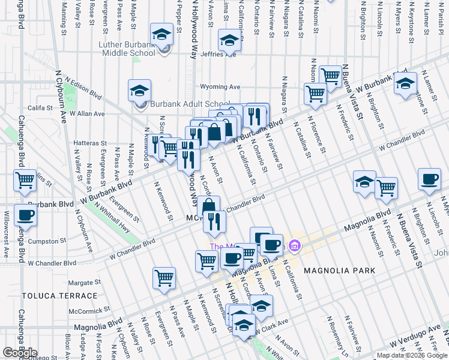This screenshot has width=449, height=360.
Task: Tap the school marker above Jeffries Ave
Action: [x=228, y=41]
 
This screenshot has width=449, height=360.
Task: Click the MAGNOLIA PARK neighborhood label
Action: [x=339, y=271]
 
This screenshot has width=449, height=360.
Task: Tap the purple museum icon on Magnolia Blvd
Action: [x=294, y=245]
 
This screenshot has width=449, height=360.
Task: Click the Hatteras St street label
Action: [x=89, y=144]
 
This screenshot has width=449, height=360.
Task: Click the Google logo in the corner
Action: [x=20, y=353]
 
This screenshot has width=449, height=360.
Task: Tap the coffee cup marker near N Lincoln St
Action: [x=429, y=179]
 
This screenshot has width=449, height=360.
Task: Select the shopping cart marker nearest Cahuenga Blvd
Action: [x=25, y=180]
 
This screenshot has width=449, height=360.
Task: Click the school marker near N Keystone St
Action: [x=405, y=83]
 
